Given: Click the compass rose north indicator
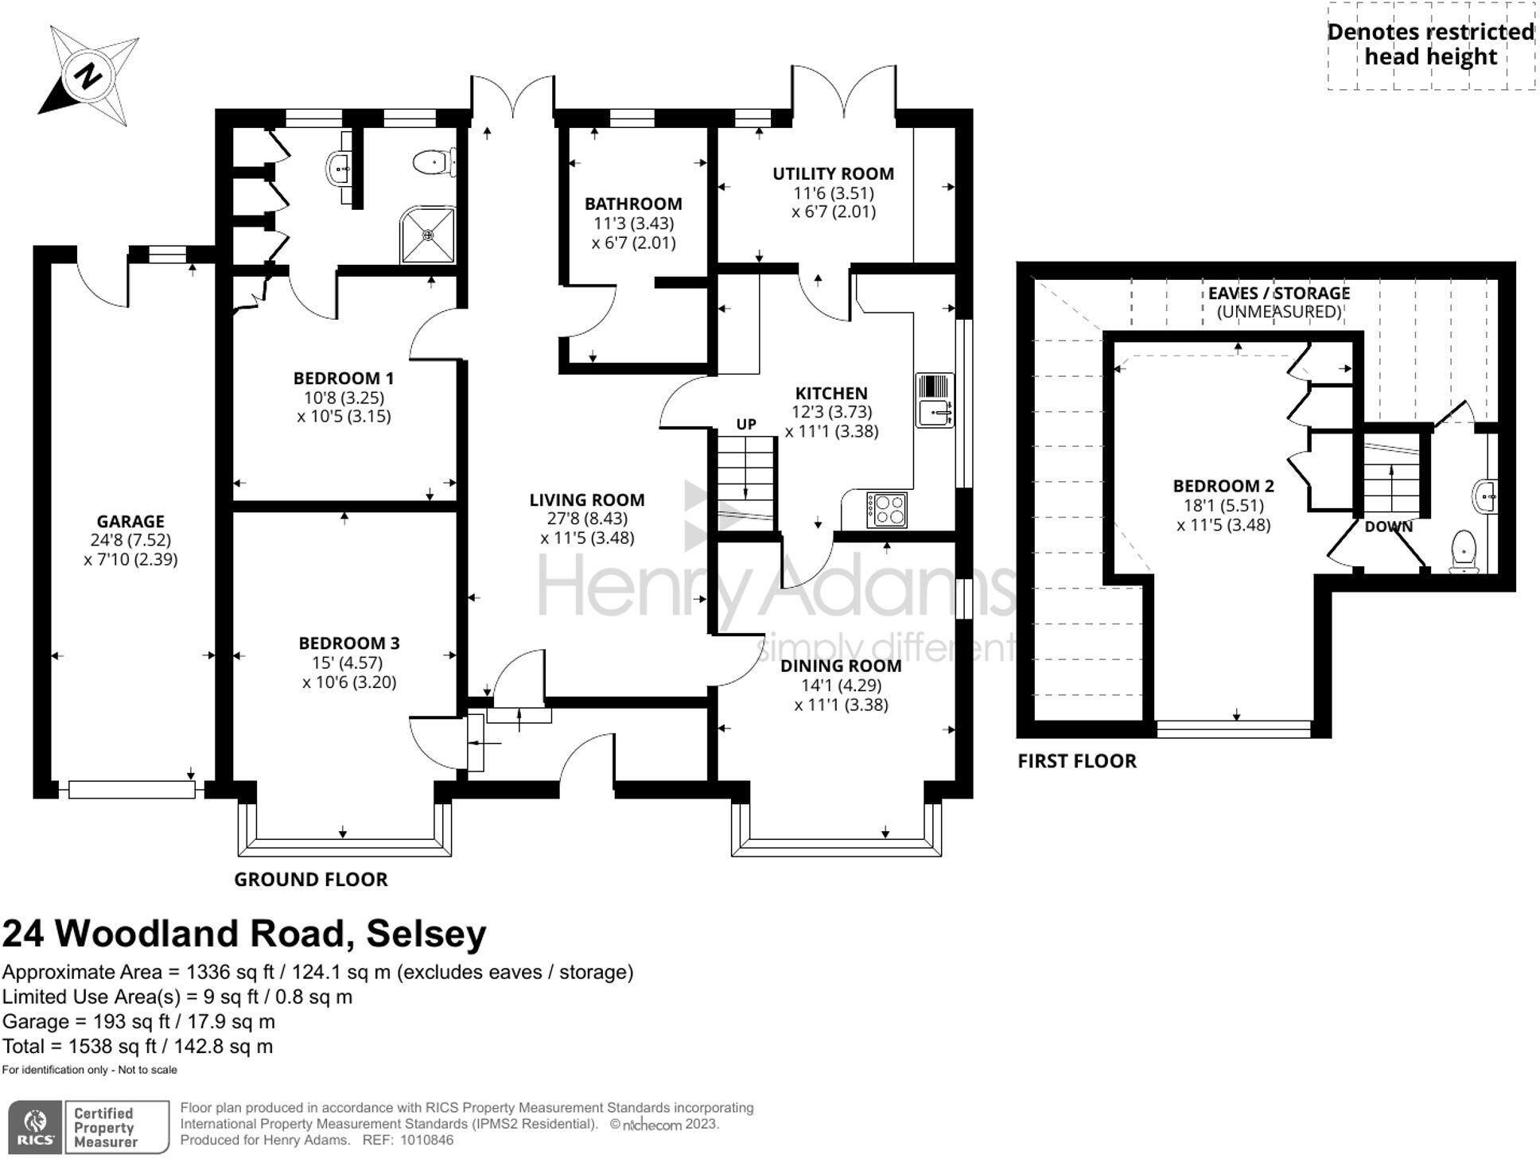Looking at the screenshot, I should tap(87, 76).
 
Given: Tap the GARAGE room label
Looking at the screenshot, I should tap(130, 521).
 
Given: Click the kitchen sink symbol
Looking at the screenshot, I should tap(934, 401).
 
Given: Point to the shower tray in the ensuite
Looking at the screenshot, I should tap(429, 235).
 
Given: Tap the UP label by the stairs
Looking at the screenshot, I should tap(745, 424).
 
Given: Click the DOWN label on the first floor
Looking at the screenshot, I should tap(1388, 527).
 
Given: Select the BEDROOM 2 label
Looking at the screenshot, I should tap(1223, 485).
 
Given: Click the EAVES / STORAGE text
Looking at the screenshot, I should tap(1278, 293).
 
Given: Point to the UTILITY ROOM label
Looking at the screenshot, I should tap(833, 173).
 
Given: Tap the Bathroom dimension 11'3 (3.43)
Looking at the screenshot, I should tap(633, 223).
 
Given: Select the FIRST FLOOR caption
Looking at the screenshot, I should tap(1077, 761).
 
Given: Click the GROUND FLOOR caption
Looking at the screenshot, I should tap(311, 879).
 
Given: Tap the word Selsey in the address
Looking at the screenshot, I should tap(426, 934).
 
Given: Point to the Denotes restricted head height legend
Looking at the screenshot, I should tap(1430, 45).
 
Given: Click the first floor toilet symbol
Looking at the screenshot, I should tap(1464, 551).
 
